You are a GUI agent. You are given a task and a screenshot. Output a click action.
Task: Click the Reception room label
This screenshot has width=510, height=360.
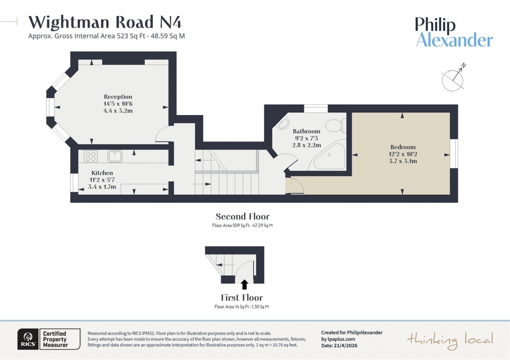(x=118, y=97)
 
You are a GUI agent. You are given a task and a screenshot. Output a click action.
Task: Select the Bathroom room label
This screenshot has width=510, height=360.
(x=306, y=131)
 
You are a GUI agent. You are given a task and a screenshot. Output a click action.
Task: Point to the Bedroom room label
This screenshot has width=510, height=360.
(x=403, y=147)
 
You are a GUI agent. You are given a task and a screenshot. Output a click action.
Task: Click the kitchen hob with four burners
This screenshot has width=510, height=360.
(x=91, y=156)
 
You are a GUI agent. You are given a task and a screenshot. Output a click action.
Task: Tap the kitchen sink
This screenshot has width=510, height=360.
(x=116, y=156)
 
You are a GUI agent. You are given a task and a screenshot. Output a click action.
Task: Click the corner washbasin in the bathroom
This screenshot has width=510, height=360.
(x=282, y=123)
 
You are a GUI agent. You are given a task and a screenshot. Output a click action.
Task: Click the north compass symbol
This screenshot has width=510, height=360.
(x=454, y=78)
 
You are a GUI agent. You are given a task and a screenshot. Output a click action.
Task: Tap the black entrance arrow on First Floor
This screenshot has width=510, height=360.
(x=244, y=284)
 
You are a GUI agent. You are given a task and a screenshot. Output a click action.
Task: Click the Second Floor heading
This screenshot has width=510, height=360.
(x=243, y=216)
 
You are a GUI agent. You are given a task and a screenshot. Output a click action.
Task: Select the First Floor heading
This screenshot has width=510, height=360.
(x=243, y=298)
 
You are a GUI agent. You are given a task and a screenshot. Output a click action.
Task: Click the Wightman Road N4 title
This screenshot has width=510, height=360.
(x=105, y=22)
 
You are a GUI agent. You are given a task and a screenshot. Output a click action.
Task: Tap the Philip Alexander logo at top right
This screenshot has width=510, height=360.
(x=454, y=32)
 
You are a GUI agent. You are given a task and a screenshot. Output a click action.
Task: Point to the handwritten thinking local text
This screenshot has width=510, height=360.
(x=450, y=340)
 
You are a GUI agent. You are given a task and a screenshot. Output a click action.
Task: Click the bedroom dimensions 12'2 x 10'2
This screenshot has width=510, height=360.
(x=403, y=154)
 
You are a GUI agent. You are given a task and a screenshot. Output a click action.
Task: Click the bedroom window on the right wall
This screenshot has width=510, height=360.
(x=453, y=154)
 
